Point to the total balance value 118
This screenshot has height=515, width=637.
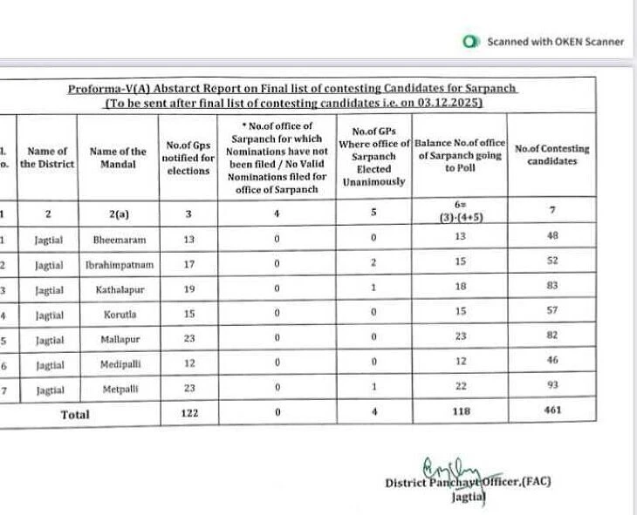click(460, 411)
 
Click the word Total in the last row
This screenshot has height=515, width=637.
click(75, 415)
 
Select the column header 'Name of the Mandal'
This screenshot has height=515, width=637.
click(118, 158)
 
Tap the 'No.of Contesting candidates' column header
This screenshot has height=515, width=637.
click(551, 155)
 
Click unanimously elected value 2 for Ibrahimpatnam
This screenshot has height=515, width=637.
click(373, 261)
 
